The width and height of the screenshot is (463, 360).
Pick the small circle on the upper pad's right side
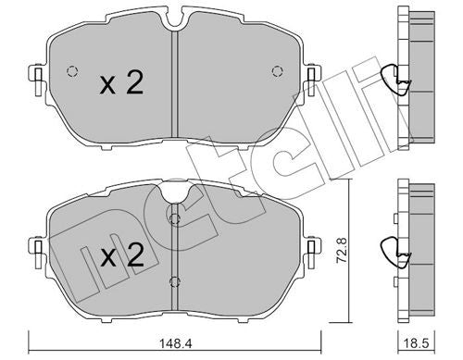275,73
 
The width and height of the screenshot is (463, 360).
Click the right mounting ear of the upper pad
310,74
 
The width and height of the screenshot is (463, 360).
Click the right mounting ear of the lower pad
311,245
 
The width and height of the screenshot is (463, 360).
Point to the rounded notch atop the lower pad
172,192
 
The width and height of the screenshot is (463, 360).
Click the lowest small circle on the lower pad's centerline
172,282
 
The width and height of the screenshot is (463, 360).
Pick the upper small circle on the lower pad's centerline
172,218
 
